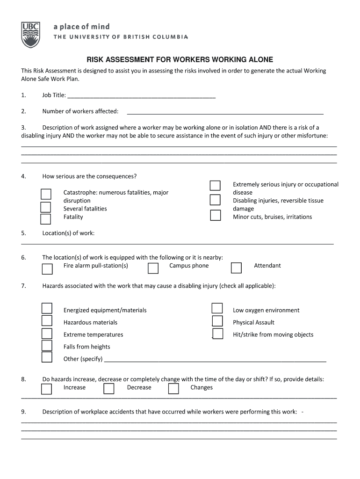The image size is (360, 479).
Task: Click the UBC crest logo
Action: click(x=31, y=35)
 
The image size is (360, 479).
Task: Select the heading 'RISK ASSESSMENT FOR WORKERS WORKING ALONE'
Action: click(x=180, y=60)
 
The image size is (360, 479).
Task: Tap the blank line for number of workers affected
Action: click(x=225, y=112)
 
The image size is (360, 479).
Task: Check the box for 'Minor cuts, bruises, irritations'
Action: click(x=215, y=216)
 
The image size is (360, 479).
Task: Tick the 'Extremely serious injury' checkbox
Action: click(x=215, y=185)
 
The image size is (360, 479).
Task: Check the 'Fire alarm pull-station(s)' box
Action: click(x=47, y=269)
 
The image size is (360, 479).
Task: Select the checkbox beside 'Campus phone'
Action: click(x=153, y=268)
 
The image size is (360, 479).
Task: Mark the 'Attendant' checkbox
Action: click(x=236, y=268)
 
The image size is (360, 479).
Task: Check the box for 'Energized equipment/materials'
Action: click(x=47, y=308)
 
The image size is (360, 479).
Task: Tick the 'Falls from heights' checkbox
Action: click(x=47, y=345)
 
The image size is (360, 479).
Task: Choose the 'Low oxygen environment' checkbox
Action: click(x=217, y=308)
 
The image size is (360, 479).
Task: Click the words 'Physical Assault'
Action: click(x=253, y=322)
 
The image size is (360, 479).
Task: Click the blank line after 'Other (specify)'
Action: click(x=215, y=360)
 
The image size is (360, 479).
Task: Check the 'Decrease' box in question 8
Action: click(x=109, y=389)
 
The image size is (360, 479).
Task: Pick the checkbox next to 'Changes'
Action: click(x=173, y=389)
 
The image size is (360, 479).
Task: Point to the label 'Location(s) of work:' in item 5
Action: click(x=68, y=233)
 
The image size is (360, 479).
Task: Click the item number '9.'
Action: click(x=23, y=412)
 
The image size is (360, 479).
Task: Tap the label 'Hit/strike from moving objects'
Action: click(x=273, y=334)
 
